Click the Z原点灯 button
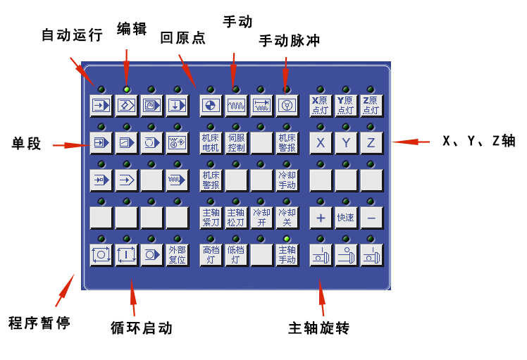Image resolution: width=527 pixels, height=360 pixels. point(371,106)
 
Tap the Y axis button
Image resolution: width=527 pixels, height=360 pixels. point(346,143)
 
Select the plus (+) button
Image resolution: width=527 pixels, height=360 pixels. point(321,218)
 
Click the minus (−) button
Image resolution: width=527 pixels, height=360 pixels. point(371,218)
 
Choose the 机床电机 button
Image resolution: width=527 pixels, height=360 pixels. point(211,143)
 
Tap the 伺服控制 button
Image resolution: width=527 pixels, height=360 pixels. point(236,143)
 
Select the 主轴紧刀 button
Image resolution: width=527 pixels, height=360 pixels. point(211,218)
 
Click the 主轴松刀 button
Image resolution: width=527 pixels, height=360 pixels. point(236,218)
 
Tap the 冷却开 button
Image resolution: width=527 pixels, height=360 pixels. point(261,218)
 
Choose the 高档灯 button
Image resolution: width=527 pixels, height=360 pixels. point(211,254)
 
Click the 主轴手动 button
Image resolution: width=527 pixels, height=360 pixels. point(287,254)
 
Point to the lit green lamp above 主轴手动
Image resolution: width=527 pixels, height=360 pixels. point(287,239)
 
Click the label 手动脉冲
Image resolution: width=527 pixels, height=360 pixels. point(290,41)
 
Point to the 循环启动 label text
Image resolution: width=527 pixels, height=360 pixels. point(141,328)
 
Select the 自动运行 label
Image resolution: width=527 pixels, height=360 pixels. point(73,35)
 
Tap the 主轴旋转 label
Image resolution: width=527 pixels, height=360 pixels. point(319,328)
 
